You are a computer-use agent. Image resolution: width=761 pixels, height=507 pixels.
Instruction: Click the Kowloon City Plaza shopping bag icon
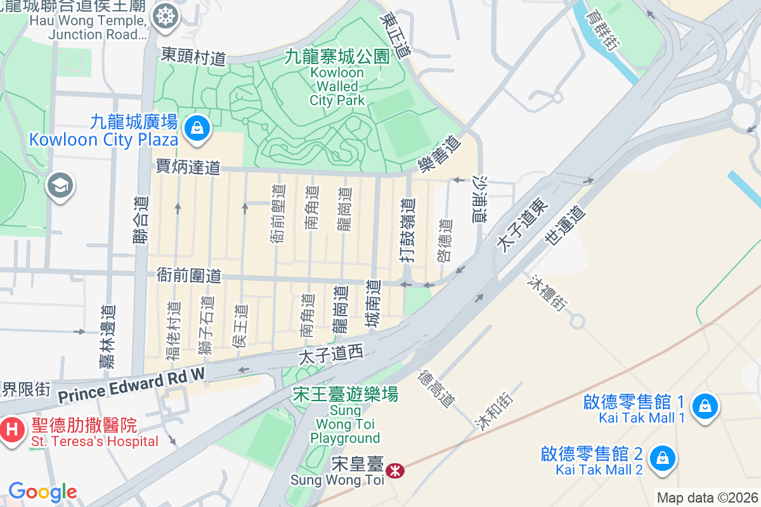click(x=198, y=129)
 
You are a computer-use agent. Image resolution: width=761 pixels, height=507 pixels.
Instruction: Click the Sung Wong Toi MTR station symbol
click(x=395, y=470)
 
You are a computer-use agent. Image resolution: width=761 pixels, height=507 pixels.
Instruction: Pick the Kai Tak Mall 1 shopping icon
click(x=705, y=406)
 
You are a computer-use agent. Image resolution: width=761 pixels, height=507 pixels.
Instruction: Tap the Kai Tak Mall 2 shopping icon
click(x=663, y=457)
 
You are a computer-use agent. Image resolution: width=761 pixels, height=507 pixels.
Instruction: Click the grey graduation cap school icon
click(x=61, y=186)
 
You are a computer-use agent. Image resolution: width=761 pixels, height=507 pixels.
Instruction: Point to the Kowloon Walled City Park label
click(x=337, y=86)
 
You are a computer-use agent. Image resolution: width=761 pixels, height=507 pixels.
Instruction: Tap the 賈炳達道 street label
click(x=188, y=167)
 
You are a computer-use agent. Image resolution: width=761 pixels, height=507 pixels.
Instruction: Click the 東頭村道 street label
click(x=193, y=56)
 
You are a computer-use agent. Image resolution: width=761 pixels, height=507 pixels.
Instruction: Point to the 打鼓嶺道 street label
click(x=408, y=230)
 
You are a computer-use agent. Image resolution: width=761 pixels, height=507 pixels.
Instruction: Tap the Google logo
click(x=42, y=492)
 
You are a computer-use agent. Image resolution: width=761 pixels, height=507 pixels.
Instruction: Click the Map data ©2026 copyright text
click(x=706, y=497)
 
